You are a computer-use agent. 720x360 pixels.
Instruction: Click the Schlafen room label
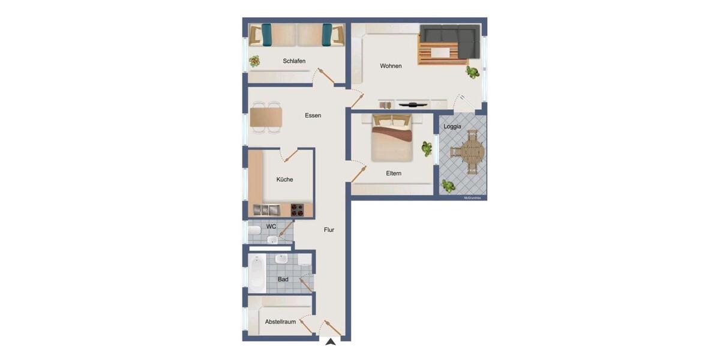294,61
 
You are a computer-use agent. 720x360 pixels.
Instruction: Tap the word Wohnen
391,66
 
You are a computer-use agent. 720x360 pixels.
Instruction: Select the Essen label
313,115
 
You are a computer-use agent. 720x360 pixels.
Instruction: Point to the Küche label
284,179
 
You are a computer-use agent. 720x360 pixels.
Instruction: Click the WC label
271,227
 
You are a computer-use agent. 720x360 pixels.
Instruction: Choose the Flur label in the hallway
329,230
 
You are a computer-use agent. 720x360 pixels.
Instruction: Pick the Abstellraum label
280,322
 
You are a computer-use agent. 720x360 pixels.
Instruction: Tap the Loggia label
452,127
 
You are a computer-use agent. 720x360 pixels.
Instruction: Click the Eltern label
394,173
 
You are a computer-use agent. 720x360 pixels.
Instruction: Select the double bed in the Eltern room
392,139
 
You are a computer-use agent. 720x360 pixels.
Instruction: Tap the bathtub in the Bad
257,273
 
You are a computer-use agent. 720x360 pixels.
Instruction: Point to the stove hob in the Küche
297,209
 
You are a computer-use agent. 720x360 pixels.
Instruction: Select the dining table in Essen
266,118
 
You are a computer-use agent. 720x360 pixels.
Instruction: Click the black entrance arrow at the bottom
330,341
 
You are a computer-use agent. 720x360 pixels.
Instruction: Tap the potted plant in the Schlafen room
254,61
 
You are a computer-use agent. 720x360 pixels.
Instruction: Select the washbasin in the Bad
281,259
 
